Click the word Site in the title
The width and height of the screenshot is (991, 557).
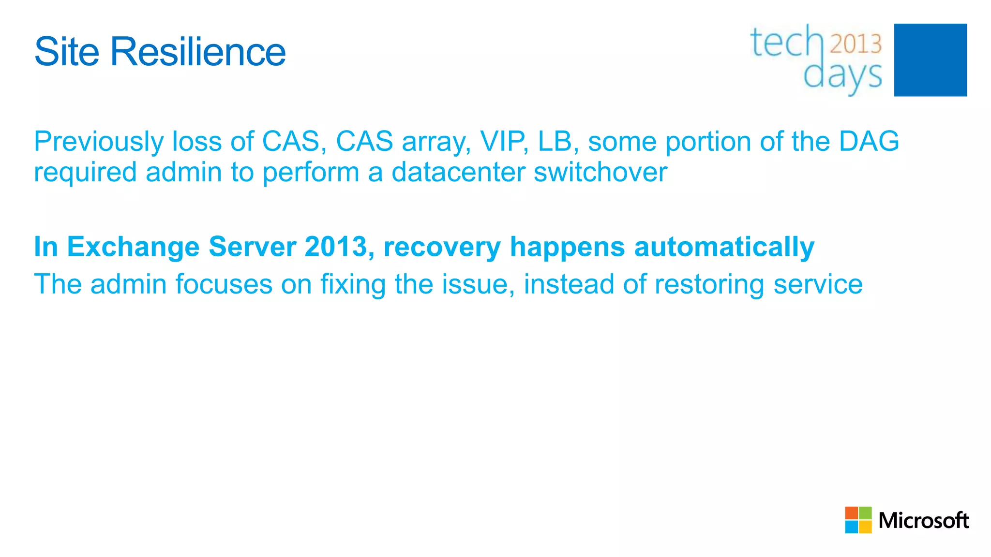coord(67,52)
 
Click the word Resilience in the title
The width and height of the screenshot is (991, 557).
coord(198,52)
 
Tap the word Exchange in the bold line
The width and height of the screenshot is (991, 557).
coord(133,247)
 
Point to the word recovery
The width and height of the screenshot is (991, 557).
coord(442,248)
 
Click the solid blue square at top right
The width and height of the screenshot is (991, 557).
coord(930,60)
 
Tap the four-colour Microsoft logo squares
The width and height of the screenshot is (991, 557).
coord(858,520)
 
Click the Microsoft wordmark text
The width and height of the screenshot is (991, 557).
coord(923,521)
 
